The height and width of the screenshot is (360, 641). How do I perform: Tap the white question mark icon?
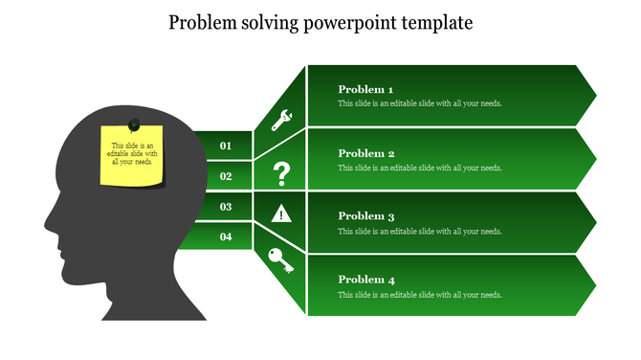point(281,174)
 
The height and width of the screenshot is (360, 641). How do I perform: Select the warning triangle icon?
point(281,214)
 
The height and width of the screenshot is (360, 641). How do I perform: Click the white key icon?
point(281,260)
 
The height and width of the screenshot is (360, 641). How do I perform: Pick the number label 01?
point(226,146)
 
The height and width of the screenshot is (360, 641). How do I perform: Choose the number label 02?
point(226,176)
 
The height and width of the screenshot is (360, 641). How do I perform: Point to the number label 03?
point(226,207)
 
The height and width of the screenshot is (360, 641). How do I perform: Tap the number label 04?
point(226,236)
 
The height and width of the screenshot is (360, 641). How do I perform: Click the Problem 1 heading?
point(365,89)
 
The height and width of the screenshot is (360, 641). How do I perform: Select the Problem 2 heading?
point(365,153)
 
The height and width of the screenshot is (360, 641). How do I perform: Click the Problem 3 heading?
point(365,216)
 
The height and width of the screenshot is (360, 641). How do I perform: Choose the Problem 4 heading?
point(365,280)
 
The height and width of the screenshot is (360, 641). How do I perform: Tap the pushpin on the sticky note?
point(134,124)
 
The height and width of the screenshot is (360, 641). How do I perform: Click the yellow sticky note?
point(132,158)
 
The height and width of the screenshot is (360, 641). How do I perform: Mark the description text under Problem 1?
point(419,103)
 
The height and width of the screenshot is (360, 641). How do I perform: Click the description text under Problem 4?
point(419,295)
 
